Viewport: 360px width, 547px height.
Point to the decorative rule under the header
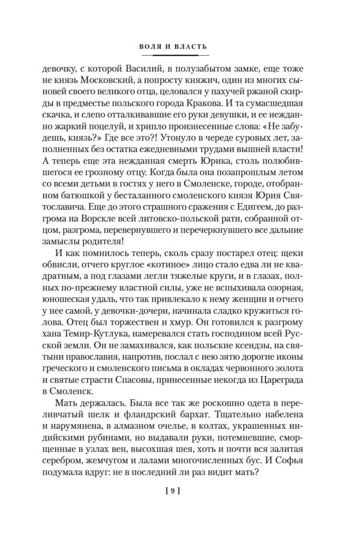pyautogui.click(x=175, y=55)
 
